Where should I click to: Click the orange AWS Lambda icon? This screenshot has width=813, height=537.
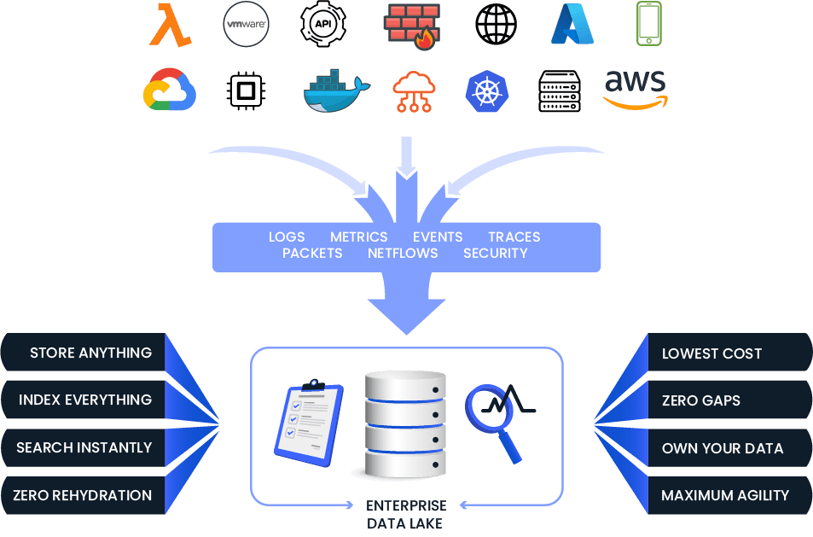point(170,25)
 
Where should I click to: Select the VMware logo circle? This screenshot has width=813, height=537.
point(247,24)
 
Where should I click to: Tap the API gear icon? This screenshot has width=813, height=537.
point(323,24)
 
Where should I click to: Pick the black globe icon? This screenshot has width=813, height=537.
point(497,24)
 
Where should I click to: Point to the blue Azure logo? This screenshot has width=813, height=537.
point(572,24)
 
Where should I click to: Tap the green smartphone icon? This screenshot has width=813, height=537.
point(649,24)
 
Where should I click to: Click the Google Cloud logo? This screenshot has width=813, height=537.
point(170,90)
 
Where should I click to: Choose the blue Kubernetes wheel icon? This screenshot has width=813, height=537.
point(487,91)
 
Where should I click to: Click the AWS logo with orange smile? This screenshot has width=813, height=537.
point(636,90)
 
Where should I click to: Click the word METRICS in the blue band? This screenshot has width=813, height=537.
point(359,237)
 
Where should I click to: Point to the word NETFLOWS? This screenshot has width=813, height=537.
point(403,254)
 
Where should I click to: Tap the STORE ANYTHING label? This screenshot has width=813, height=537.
point(90,353)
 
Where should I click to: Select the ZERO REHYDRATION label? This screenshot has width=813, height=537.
point(83,495)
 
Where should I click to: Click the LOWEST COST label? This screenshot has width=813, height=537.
point(711,353)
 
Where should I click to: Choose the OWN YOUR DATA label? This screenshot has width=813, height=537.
point(723,448)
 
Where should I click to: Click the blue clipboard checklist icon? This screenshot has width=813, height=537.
point(310,423)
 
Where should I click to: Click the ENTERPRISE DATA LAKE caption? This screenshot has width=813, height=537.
point(405,514)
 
